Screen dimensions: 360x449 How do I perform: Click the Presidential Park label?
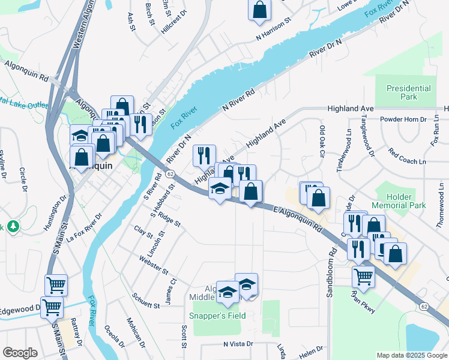[x=409, y=92]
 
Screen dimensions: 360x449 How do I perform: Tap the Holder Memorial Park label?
[x=400, y=201]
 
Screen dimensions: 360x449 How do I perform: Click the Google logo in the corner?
[x=20, y=352]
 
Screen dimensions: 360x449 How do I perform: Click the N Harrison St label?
[x=273, y=28]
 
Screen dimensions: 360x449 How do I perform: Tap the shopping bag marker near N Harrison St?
[x=259, y=10]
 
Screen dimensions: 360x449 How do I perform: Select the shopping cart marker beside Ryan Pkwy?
[x=364, y=277]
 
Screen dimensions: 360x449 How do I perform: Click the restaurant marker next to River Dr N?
[x=204, y=155]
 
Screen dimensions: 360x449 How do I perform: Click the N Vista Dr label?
[x=240, y=344]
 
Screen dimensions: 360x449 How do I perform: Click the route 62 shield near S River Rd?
[x=171, y=174]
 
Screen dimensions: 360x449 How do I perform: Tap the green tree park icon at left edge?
[x=11, y=227]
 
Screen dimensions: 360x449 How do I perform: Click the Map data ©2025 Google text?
[x=411, y=355]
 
